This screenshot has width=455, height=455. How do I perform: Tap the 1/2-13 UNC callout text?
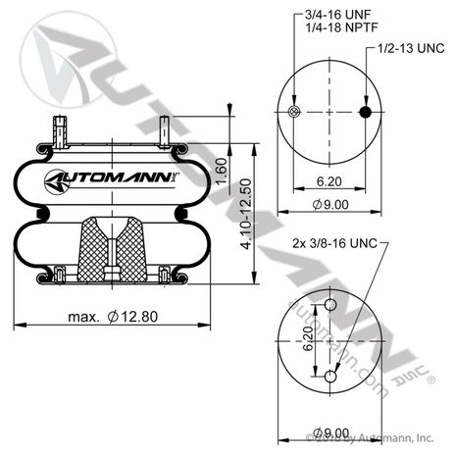click(413, 47)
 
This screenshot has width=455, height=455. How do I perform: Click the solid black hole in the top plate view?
click(365, 113)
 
